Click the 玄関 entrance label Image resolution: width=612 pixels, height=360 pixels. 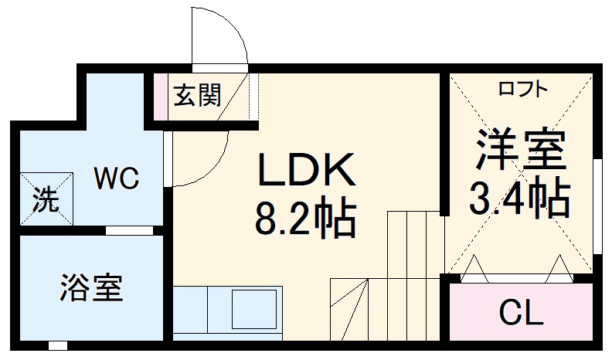(197, 96)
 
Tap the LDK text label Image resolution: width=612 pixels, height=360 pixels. (306, 169)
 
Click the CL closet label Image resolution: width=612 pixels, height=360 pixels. (521, 313)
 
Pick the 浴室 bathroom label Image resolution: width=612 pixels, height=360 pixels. (90, 288)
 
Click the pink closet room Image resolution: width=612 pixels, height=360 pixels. (521, 313)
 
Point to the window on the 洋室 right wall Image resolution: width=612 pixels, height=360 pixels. (597, 205)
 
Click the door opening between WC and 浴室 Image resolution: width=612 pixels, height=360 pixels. (128, 230)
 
